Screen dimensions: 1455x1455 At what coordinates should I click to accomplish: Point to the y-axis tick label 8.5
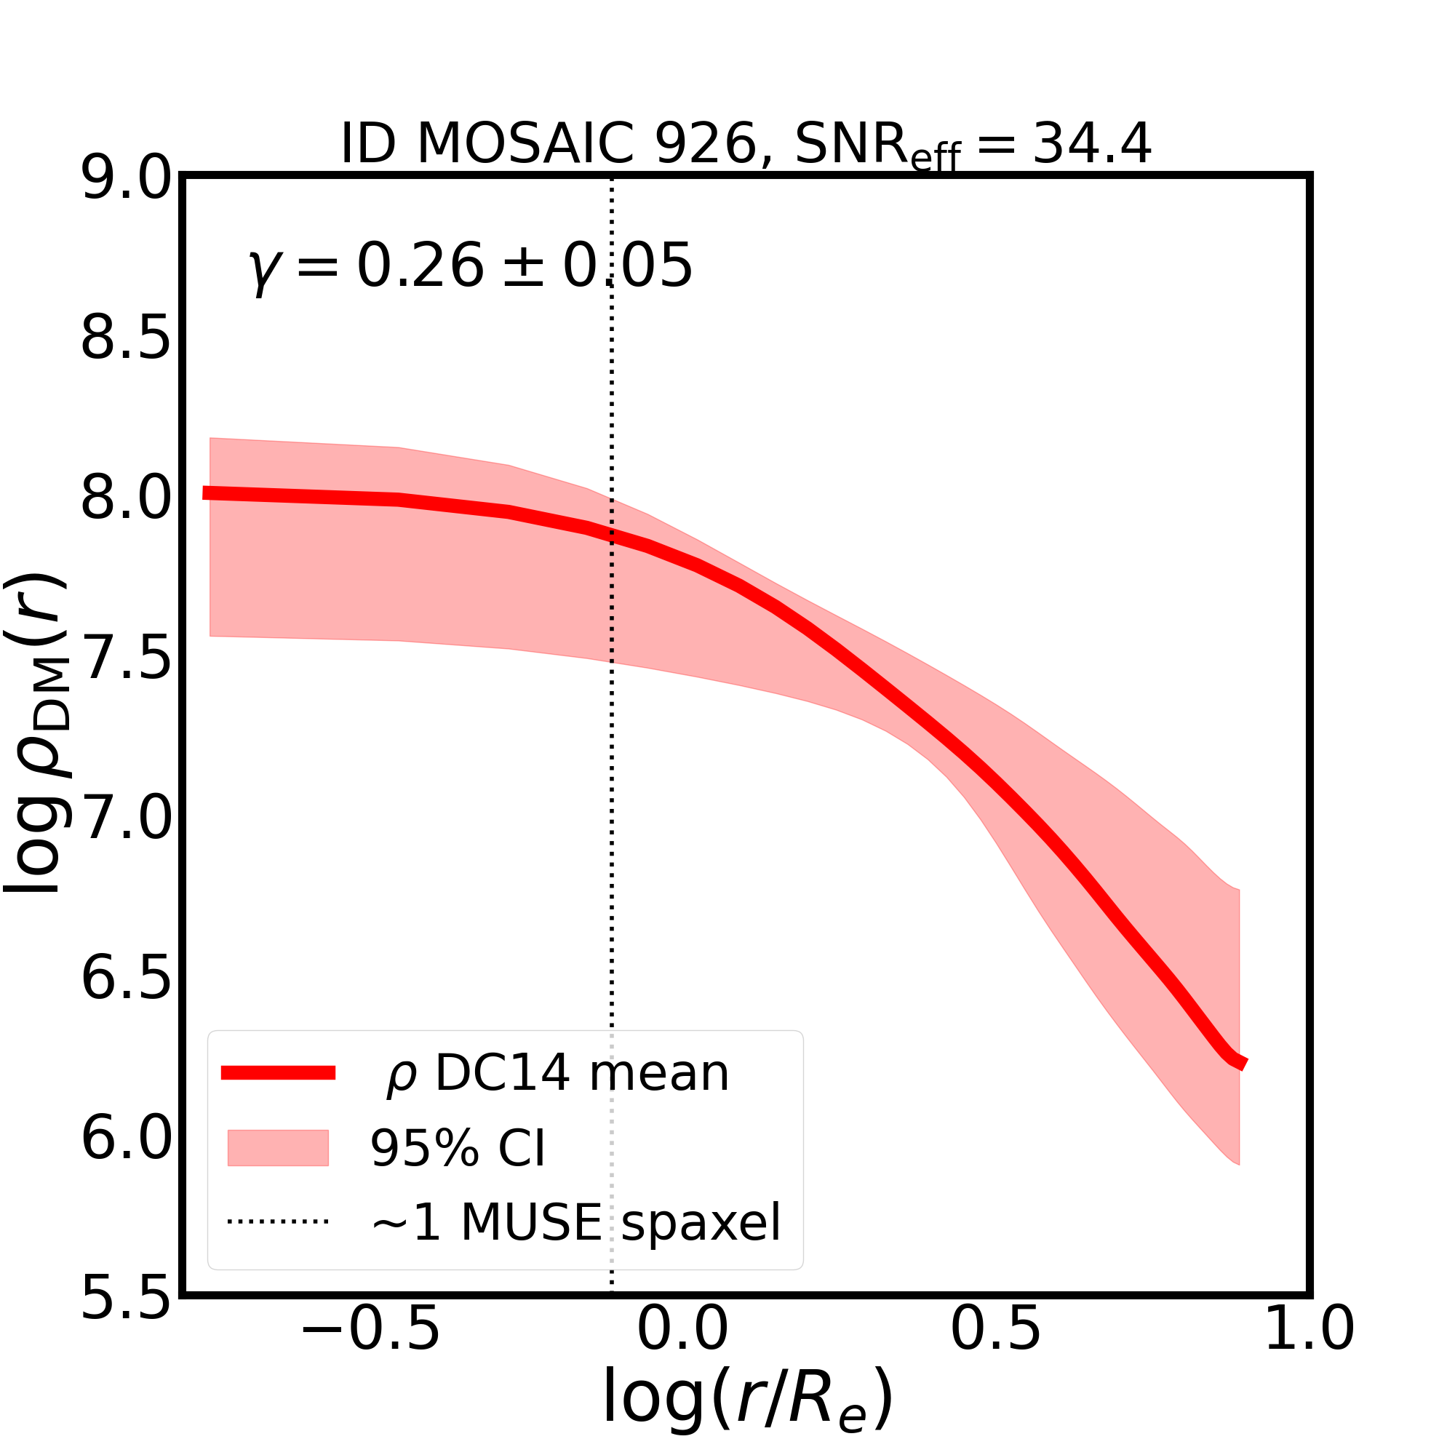click(126, 339)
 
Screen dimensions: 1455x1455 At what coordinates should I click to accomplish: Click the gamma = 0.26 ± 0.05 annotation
click(470, 266)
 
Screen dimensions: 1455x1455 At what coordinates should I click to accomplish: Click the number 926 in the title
click(706, 143)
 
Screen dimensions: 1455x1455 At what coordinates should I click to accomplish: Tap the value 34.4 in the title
click(1091, 143)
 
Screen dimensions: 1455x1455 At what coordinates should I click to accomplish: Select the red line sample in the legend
click(278, 1073)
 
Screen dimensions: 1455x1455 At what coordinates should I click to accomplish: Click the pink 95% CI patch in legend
click(278, 1148)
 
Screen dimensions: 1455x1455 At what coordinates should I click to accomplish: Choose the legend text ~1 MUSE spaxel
click(576, 1221)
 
